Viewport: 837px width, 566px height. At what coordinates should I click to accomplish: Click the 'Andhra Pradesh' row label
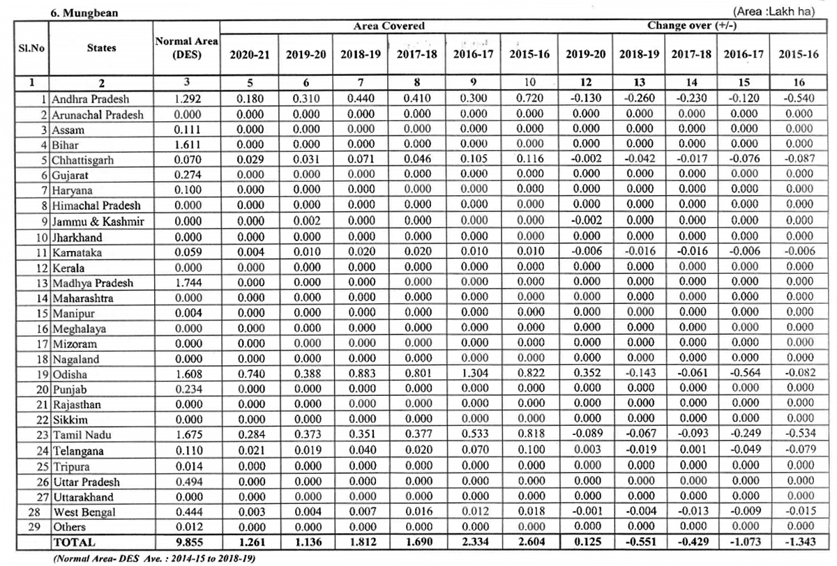(x=90, y=100)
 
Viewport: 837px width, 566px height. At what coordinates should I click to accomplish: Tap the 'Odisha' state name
(x=69, y=374)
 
